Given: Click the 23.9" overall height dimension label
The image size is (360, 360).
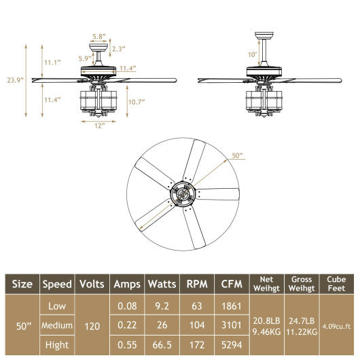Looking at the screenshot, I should (x=14, y=79).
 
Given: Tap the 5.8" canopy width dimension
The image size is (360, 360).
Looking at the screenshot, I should (x=98, y=36).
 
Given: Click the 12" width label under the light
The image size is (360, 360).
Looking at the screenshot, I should (x=99, y=126).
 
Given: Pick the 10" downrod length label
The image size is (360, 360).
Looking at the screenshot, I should (x=253, y=54).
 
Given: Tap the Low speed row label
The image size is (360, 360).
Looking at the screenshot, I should (x=57, y=306).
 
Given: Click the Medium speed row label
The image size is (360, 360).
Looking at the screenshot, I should (x=57, y=325).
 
